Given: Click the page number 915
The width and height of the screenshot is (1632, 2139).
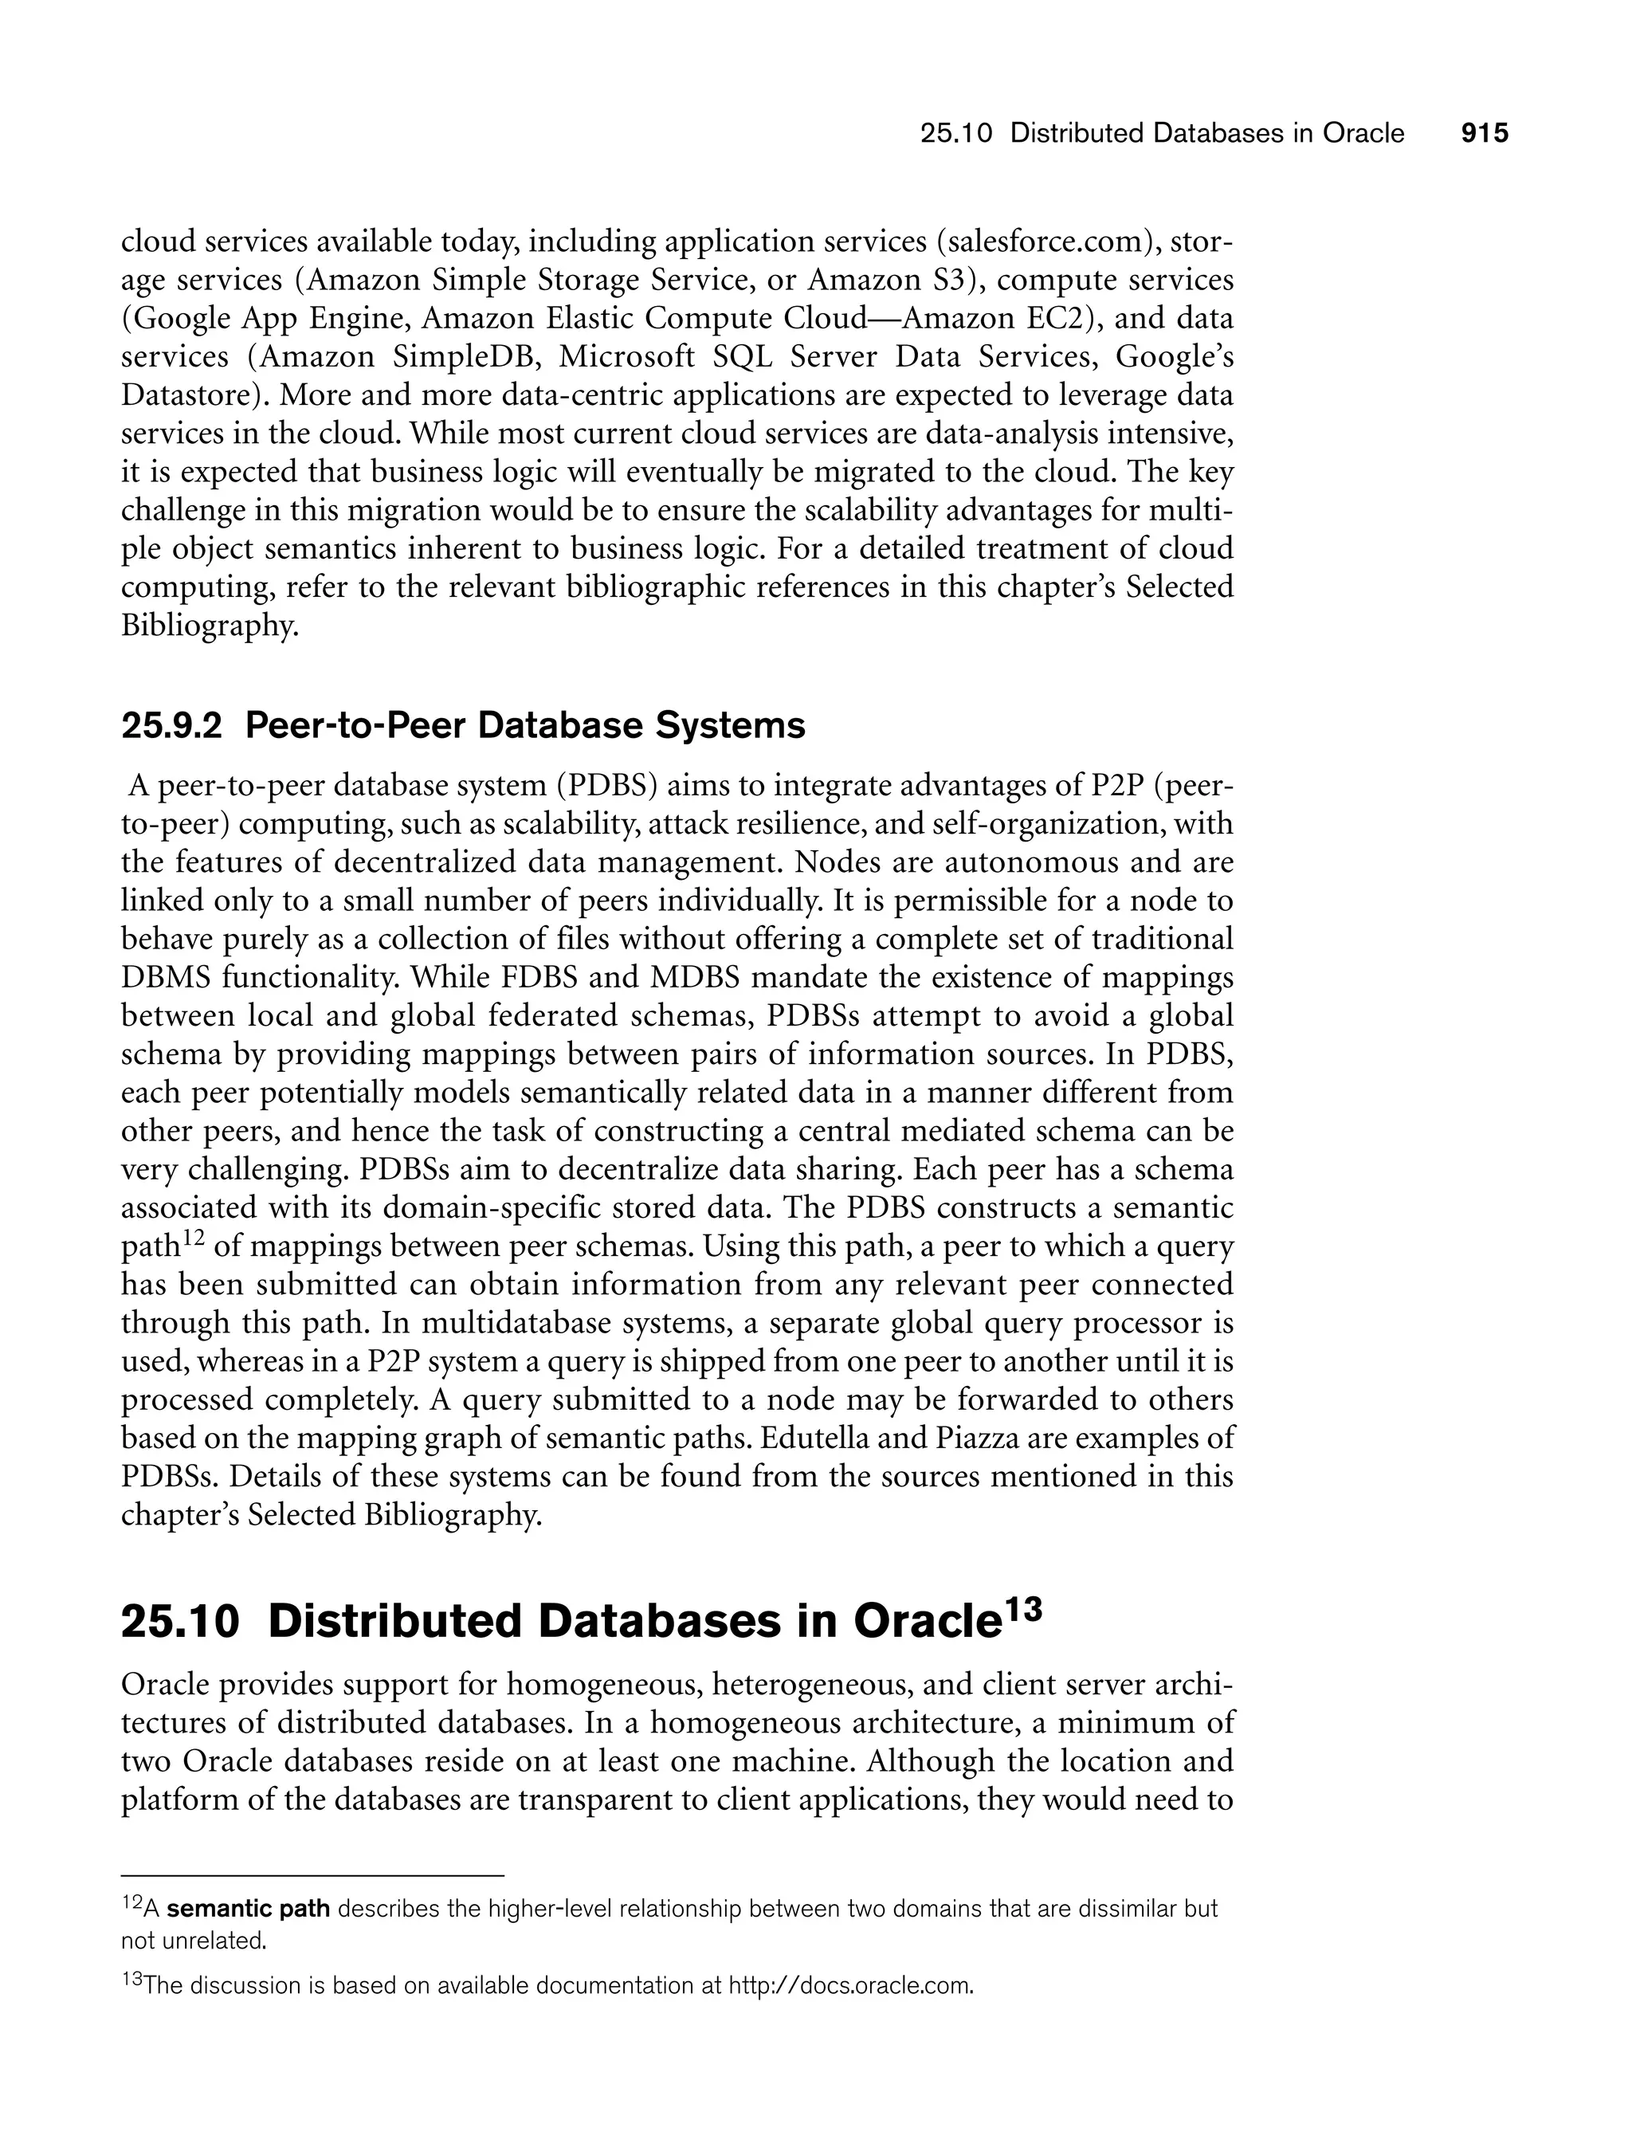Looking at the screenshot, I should pyautogui.click(x=1485, y=133).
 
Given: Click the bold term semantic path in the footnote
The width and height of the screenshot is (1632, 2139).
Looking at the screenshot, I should pyautogui.click(x=249, y=1909).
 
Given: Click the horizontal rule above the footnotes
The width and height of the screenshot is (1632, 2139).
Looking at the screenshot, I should pyautogui.click(x=313, y=1874).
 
